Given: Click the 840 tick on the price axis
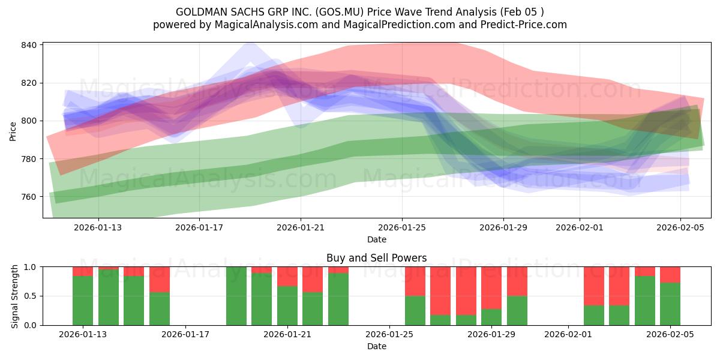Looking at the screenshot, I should coord(30,45).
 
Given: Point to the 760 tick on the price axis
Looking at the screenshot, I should coord(30,197).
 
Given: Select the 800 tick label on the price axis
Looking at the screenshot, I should coord(30,121).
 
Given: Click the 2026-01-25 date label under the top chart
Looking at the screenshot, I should coord(401,227).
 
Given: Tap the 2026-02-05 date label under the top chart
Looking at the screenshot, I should coord(680,227).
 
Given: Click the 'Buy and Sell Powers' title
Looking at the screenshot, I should coord(376,258).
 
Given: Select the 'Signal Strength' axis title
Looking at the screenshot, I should coord(15,296).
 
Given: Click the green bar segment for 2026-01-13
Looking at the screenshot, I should coord(83,300).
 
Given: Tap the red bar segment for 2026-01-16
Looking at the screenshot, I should coord(160,279).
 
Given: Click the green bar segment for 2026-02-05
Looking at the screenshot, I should coord(670,304).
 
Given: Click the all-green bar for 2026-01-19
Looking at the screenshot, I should coord(236,296).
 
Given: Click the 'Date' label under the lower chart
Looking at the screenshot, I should coord(376,346).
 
